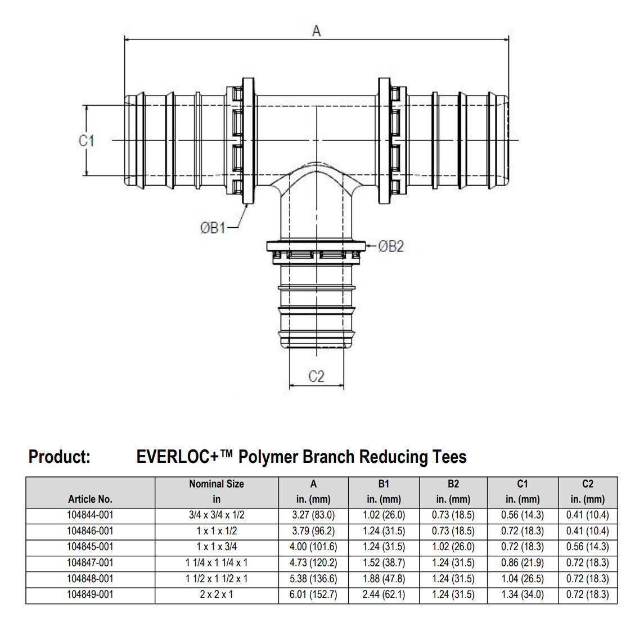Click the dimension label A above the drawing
[x=316, y=31]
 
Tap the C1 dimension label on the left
[x=86, y=140]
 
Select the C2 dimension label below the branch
[x=316, y=376]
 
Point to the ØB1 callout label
[x=213, y=228]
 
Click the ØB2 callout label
[x=391, y=246]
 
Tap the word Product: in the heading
[x=59, y=457]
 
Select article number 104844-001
[x=90, y=515]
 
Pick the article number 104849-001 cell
[x=90, y=595]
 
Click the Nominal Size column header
[x=217, y=484]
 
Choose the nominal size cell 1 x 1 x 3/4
[x=217, y=547]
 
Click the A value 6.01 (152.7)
[x=313, y=595]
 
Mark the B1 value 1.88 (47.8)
[x=384, y=579]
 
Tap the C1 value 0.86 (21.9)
[x=523, y=562]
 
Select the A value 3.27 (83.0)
[x=313, y=515]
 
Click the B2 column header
[x=453, y=484]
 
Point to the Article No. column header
[x=90, y=499]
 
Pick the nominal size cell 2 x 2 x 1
[x=217, y=595]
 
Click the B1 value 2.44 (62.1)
[x=384, y=595]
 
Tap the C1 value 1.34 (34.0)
[x=523, y=595]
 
